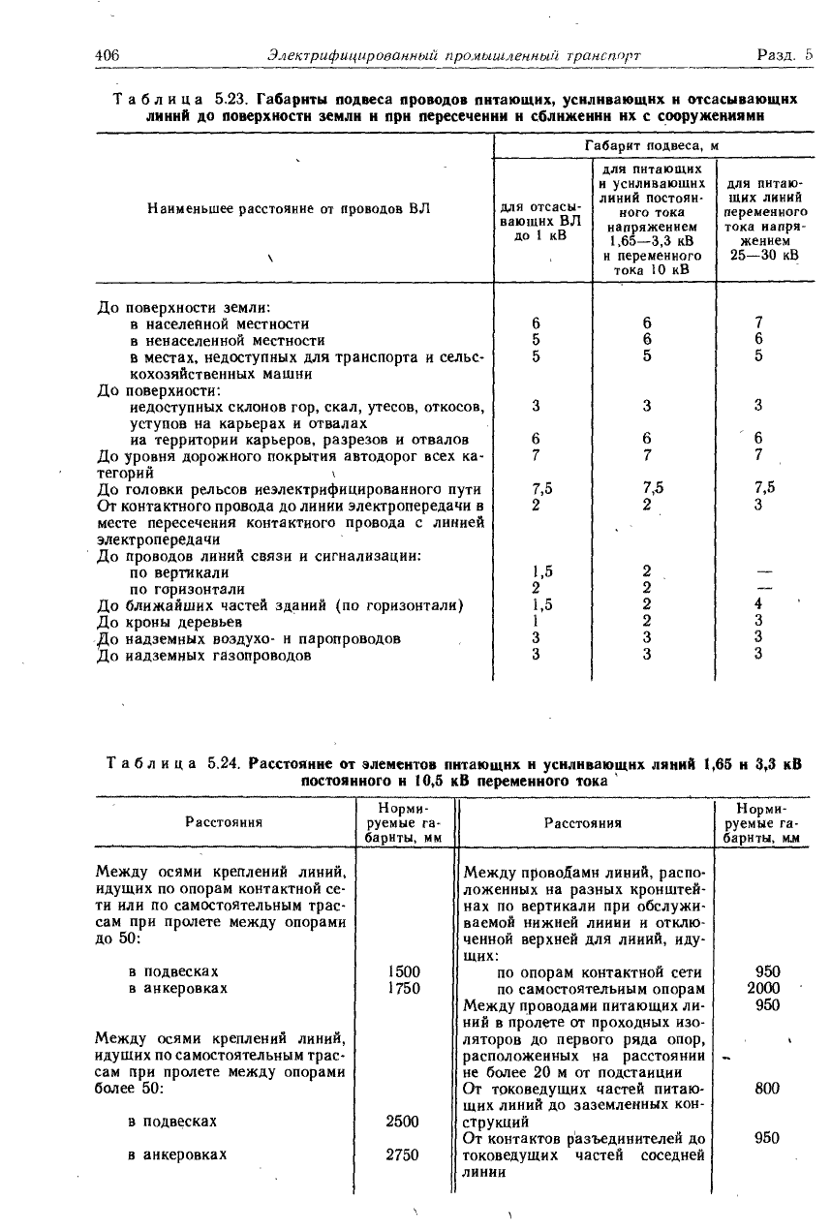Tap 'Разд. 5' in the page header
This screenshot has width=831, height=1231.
tap(785, 56)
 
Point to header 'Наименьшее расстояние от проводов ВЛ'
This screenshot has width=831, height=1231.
tap(289, 208)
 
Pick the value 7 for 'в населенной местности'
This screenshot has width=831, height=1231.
tap(759, 323)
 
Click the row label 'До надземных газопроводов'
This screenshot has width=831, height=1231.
tap(205, 656)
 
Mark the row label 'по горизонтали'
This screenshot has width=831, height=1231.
tap(187, 589)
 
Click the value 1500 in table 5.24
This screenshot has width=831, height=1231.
tap(402, 971)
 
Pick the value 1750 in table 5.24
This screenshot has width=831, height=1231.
tap(402, 988)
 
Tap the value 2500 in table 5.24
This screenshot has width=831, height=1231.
tap(402, 1122)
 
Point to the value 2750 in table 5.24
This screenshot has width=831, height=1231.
tap(402, 1154)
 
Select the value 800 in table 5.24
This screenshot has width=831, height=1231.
tap(767, 1089)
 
